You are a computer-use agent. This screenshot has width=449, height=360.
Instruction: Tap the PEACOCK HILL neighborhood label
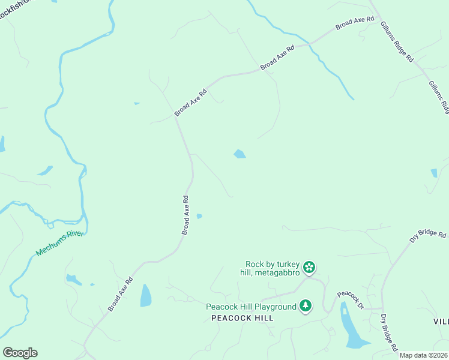point(243,318)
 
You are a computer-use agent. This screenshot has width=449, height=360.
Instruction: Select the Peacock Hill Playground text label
point(252,307)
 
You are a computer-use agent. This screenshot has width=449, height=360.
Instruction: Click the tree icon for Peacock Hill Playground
point(306,306)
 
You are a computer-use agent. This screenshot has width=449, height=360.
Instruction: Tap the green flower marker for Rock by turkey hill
point(309,266)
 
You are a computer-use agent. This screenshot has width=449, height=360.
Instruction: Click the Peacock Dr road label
point(350,299)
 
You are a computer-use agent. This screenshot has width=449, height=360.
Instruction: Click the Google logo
point(20,353)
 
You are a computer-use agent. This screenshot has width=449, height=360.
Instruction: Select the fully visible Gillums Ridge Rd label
point(397,43)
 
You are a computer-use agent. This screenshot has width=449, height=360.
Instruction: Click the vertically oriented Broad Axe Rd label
point(186,215)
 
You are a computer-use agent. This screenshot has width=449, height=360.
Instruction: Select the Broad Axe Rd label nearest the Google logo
point(121,294)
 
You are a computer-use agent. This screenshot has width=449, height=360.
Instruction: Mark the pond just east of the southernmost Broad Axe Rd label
point(145,295)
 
